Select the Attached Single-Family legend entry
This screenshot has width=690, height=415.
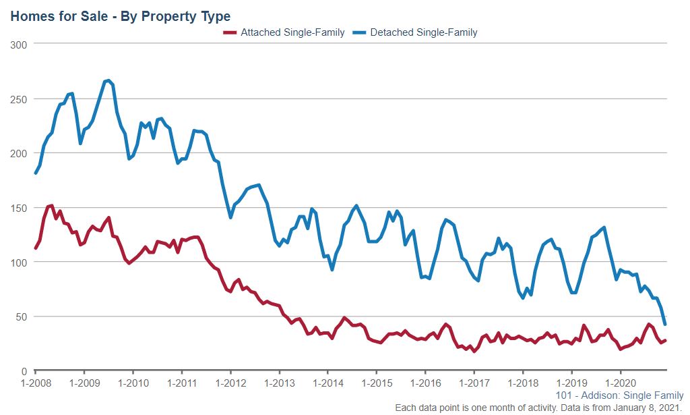tap(292, 32)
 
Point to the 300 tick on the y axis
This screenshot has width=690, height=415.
tap(20, 45)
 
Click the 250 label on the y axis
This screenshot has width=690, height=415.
tap(20, 99)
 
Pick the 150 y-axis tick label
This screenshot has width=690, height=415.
tap(20, 208)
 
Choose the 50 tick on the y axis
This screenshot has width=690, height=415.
tap(22, 316)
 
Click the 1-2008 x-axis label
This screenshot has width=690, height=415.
tap(35, 383)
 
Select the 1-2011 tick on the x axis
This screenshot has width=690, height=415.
tap(181, 383)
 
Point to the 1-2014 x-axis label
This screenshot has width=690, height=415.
tap(327, 383)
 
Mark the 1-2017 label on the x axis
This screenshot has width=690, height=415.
tap(474, 383)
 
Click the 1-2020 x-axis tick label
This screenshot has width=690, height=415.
tap(620, 383)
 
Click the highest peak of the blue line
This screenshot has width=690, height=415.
tap(108, 80)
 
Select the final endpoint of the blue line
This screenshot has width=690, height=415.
tap(665, 325)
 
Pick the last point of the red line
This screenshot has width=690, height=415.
tap(665, 340)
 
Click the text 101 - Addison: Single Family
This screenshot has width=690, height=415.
tap(620, 395)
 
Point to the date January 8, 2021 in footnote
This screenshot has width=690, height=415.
tap(652, 407)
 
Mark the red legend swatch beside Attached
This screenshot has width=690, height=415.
tap(230, 32)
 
